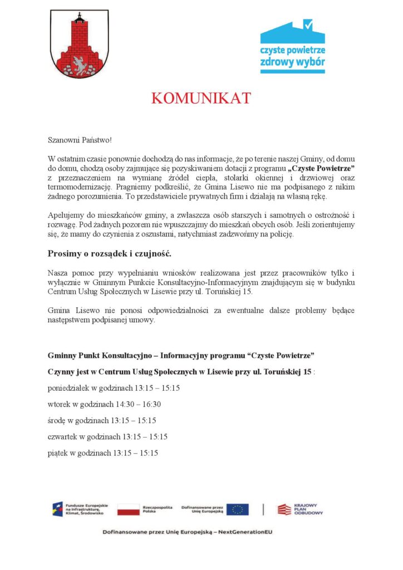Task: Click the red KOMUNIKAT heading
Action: pyautogui.click(x=201, y=99)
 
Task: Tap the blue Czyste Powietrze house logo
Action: pyautogui.click(x=292, y=47)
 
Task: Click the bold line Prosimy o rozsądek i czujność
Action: pyautogui.click(x=109, y=254)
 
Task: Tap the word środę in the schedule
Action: pyautogui.click(x=57, y=420)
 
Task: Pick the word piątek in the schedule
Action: pyautogui.click(x=58, y=453)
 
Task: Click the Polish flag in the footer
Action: pyautogui.click(x=128, y=509)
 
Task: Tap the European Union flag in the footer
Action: pyautogui.click(x=238, y=509)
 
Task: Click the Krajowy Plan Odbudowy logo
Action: pyautogui.click(x=300, y=509)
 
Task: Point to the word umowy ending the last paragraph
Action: pyautogui.click(x=143, y=320)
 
